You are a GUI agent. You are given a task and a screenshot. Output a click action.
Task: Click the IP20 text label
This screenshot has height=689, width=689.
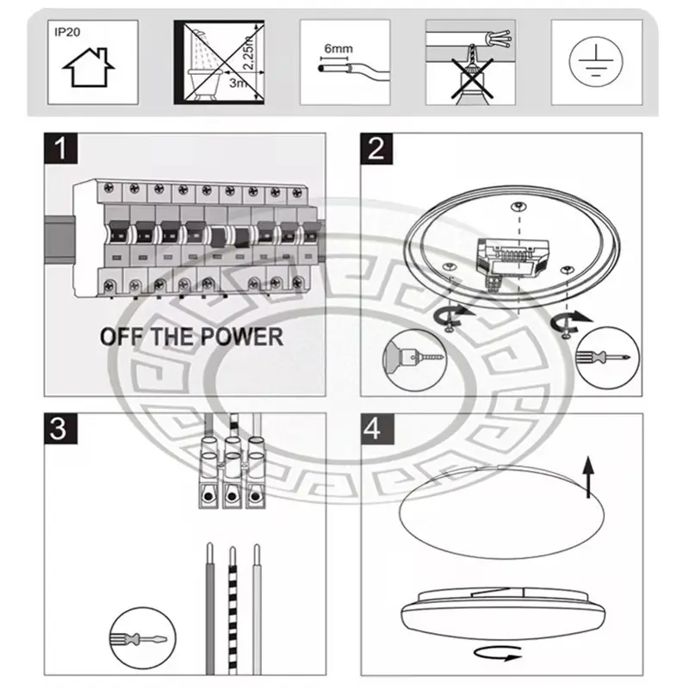coord(67,32)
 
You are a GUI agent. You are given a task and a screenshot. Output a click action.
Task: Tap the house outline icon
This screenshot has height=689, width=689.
coord(89,68)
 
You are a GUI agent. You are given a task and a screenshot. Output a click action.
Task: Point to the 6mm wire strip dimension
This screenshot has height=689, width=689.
coord(338,49)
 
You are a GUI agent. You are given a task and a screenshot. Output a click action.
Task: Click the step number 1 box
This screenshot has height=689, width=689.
coord(61,148)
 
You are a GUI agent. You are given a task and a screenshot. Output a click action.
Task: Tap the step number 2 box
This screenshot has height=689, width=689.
coord(376,148)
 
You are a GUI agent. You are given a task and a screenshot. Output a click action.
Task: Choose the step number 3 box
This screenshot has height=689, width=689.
coord(60,428)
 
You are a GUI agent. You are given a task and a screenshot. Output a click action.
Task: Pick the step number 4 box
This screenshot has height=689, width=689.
coord(377,429)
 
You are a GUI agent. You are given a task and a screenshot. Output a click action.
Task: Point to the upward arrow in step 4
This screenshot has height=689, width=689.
coord(588,477)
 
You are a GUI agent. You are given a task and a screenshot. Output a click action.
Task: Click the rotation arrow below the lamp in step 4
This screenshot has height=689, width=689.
coord(498,654)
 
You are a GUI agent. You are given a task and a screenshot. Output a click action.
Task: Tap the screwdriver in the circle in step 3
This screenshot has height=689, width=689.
coord(142,638)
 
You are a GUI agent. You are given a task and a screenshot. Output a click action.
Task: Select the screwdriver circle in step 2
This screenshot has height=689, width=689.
coord(607,357)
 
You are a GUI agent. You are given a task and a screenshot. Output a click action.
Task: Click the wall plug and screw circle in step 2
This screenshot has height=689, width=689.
coord(414,360)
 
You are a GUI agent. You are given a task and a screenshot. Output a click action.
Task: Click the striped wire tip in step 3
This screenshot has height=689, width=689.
coord(233,549)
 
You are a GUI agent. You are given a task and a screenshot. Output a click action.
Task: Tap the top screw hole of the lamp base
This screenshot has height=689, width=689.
coord(519,206)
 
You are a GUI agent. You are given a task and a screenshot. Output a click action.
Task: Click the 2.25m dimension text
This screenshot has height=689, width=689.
coord(248,53)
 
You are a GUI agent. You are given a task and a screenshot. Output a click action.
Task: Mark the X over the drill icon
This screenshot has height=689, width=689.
coord(472,79)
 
